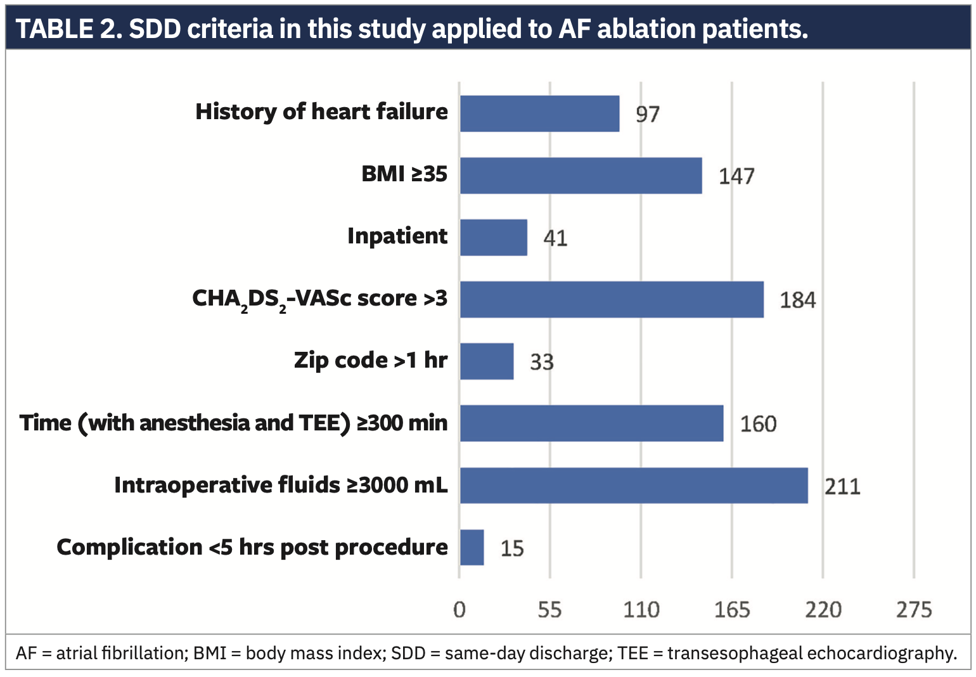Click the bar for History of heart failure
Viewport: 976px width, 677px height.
pos(539,114)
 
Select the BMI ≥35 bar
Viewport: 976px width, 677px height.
pos(581,176)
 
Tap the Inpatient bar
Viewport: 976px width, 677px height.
pos(494,238)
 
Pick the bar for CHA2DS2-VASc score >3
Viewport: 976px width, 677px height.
pos(612,299)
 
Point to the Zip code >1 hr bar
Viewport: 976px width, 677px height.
pos(487,361)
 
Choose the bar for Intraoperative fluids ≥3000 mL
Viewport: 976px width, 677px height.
pos(634,486)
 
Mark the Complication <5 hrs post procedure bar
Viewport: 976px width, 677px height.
pos(472,548)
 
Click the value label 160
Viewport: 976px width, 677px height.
pos(758,424)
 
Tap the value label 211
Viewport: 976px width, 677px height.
pos(842,486)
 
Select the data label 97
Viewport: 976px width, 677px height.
pos(648,115)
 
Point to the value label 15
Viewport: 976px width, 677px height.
pos(512,548)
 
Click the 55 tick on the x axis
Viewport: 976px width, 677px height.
pos(549,610)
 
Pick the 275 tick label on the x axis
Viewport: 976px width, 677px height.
pos(914,610)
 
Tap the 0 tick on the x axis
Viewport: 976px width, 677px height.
pos(459,610)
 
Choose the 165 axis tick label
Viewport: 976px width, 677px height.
pos(732,610)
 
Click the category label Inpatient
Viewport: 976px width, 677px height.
pos(397,236)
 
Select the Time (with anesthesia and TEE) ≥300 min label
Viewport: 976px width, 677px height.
pos(233,423)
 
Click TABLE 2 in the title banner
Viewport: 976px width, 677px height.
pos(65,29)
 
